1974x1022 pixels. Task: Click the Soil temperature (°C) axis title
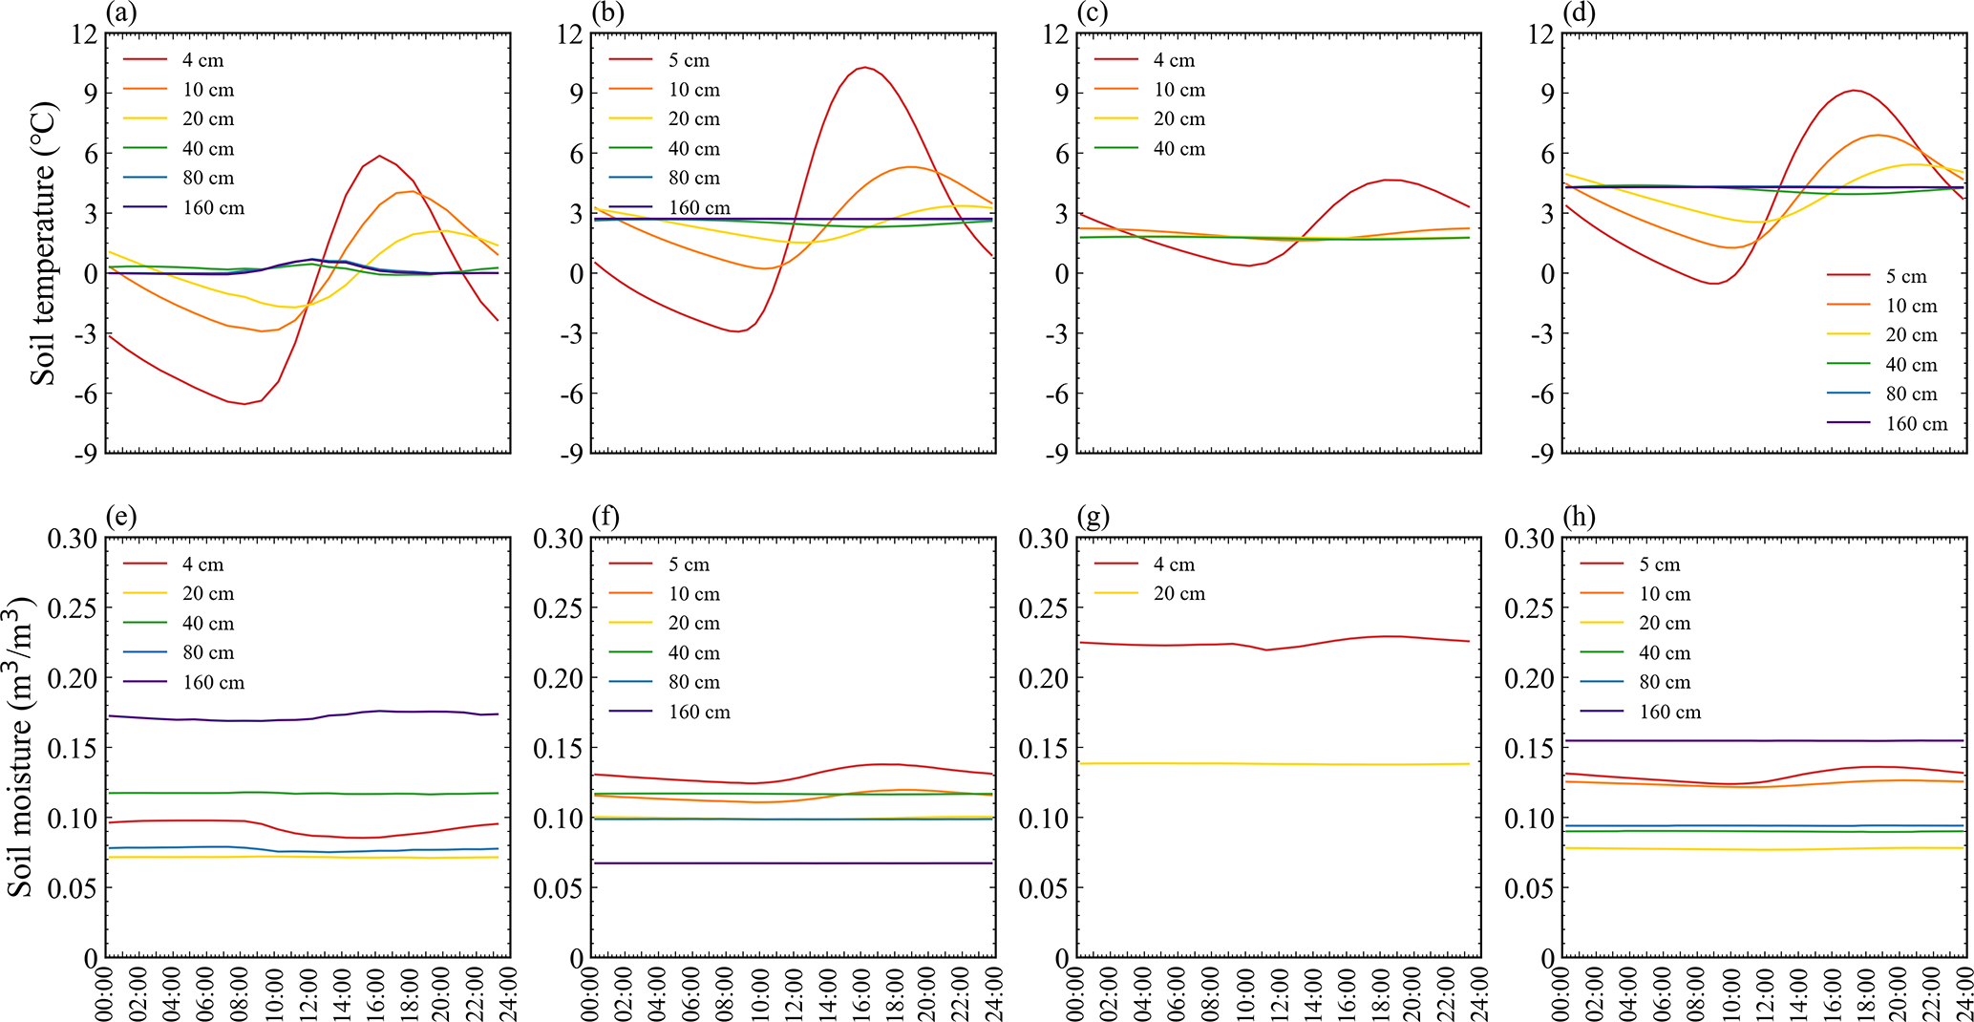pyautogui.click(x=44, y=244)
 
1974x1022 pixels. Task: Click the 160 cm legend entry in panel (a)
pyautogui.click(x=213, y=207)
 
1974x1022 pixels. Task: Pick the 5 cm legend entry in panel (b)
pyautogui.click(x=689, y=60)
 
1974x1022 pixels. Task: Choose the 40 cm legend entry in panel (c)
pyautogui.click(x=1179, y=148)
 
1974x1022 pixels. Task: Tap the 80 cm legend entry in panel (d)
pyautogui.click(x=1911, y=394)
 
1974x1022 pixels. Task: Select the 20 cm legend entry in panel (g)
pyautogui.click(x=1179, y=593)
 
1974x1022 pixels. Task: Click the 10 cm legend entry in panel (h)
pyautogui.click(x=1665, y=593)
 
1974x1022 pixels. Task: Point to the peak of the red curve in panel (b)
pyautogui.click(x=865, y=67)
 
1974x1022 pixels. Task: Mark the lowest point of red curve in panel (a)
pyautogui.click(x=244, y=404)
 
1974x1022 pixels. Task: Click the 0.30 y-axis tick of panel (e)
pyautogui.click(x=73, y=538)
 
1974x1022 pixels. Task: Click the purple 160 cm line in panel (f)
pyautogui.click(x=793, y=863)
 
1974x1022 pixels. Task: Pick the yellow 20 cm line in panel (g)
pyautogui.click(x=1270, y=763)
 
